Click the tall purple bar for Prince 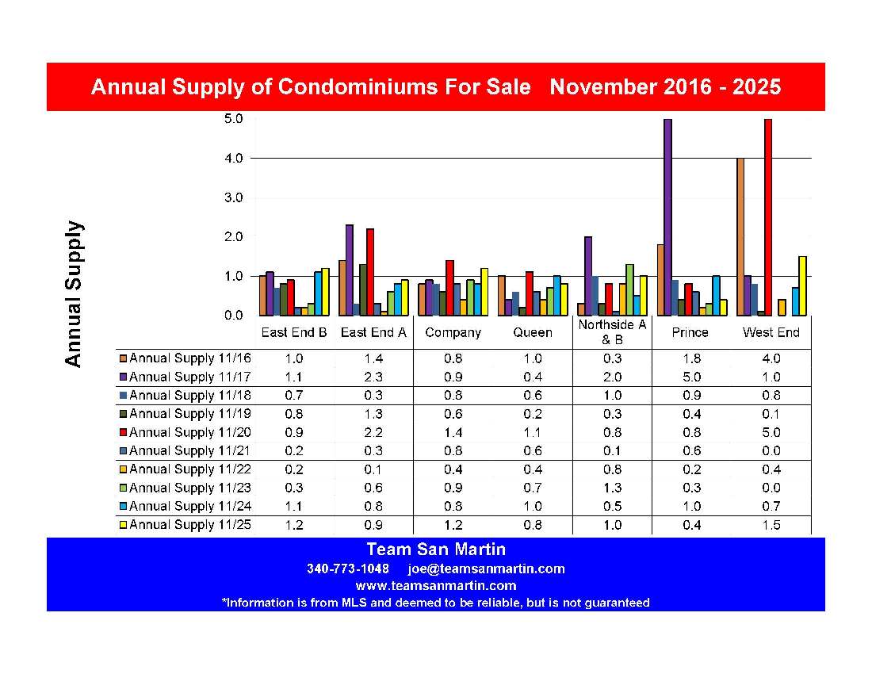(667, 217)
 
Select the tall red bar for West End (767, 217)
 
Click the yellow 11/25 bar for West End (802, 285)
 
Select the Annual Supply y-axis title (73, 293)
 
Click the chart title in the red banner (435, 87)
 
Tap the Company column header (453, 333)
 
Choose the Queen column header (532, 333)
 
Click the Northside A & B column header (612, 332)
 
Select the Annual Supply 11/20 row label (189, 432)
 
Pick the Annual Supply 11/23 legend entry (189, 488)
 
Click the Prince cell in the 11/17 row (690, 377)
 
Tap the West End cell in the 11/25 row (771, 525)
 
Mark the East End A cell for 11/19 (373, 414)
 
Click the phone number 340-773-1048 (347, 569)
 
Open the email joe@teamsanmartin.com (486, 569)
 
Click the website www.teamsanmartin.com (435, 586)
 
